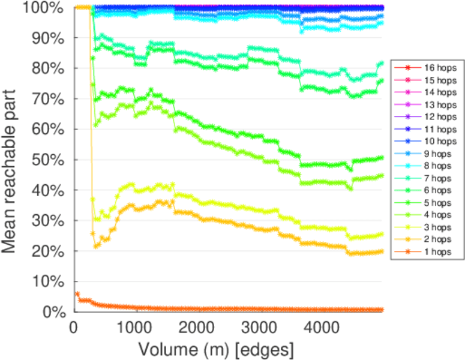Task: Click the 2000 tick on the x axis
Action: [199, 328]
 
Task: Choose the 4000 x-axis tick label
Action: [322, 328]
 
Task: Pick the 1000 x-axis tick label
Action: [137, 328]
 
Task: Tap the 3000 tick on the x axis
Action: [260, 328]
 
